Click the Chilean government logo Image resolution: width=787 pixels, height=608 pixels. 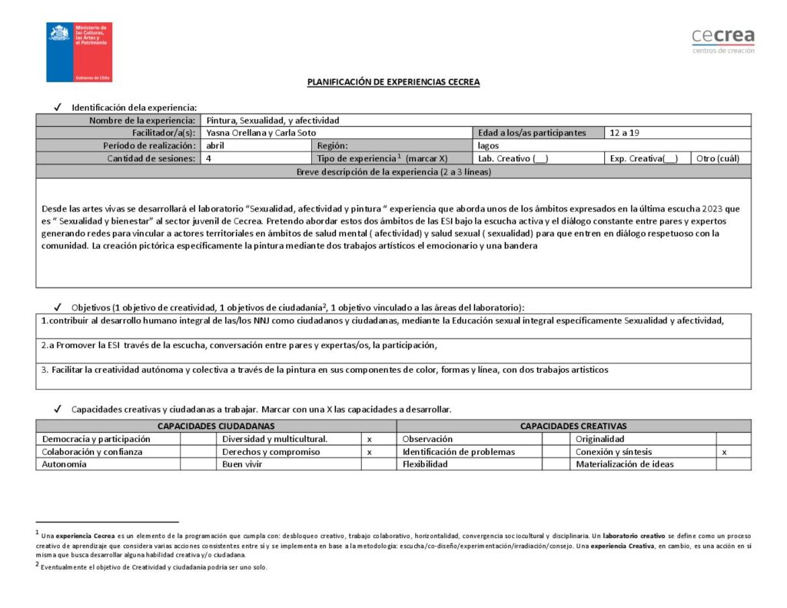(79, 52)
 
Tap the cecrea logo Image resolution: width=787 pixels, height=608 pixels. (722, 40)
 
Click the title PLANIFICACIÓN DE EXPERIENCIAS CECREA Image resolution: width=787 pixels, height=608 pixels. (393, 82)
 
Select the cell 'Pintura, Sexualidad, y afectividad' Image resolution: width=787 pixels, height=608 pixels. (273, 121)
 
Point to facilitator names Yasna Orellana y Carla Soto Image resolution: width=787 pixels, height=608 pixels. (261, 133)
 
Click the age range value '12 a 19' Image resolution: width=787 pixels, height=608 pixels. (624, 133)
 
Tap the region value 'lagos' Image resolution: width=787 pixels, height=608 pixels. (489, 145)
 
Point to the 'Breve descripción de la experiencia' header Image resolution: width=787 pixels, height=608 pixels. (393, 171)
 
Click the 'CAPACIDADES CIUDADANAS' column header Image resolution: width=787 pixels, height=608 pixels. (216, 426)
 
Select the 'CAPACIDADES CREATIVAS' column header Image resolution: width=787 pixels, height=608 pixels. (573, 426)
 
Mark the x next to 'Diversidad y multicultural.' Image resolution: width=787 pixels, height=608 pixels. (370, 439)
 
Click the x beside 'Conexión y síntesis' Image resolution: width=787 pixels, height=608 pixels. (724, 452)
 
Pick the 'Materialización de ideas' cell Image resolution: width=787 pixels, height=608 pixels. (625, 464)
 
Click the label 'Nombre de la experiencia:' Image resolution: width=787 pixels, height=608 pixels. (142, 121)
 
